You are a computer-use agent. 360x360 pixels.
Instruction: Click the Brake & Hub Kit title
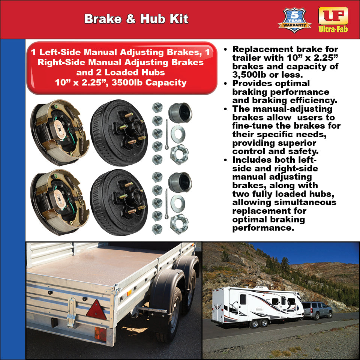pos(136,19)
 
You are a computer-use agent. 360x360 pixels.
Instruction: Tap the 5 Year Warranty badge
pos(294,19)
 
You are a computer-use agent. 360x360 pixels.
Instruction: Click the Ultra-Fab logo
pos(333,19)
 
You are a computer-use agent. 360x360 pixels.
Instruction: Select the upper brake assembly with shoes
pos(60,132)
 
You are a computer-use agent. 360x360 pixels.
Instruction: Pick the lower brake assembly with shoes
pos(60,202)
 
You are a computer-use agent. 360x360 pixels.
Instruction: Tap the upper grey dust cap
pos(180,112)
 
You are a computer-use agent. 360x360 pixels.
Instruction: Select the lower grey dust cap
pos(180,182)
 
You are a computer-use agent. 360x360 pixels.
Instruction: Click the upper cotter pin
pos(166,133)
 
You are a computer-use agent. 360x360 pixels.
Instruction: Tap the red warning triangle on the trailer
pos(96,310)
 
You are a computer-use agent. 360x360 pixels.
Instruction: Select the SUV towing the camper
pos(317,310)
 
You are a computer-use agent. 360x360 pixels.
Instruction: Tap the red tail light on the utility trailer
pos(100,333)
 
